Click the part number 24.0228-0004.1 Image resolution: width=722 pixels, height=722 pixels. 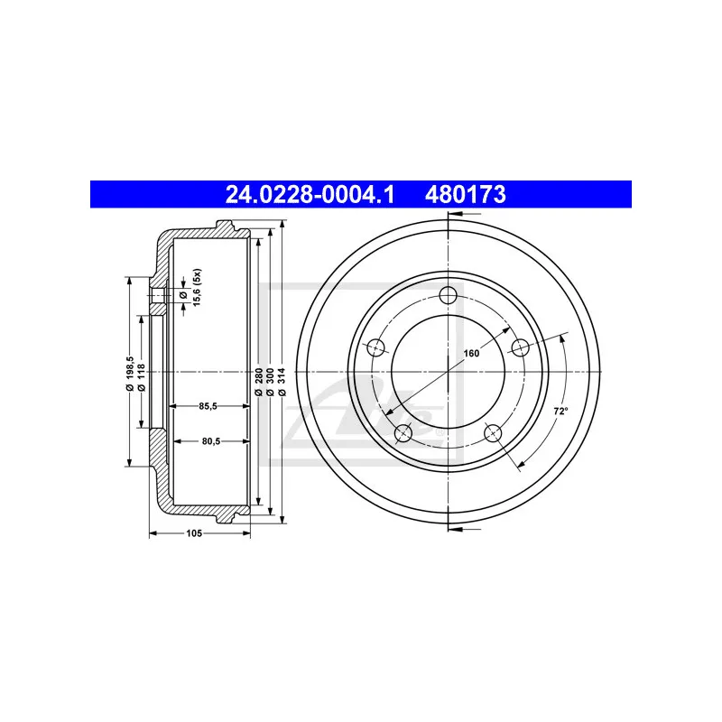(310, 194)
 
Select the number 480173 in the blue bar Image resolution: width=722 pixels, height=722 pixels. (465, 194)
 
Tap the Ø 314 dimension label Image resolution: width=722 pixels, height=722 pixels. (282, 382)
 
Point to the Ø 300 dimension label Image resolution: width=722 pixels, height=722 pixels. (270, 382)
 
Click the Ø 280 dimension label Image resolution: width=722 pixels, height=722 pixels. (258, 382)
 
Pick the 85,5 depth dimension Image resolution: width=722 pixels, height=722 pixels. (208, 406)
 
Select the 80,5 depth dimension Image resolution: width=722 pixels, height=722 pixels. (211, 441)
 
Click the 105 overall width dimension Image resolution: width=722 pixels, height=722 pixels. (194, 533)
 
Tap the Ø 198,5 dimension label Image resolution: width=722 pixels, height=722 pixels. (129, 374)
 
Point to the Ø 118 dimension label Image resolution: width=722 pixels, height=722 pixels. (142, 377)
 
